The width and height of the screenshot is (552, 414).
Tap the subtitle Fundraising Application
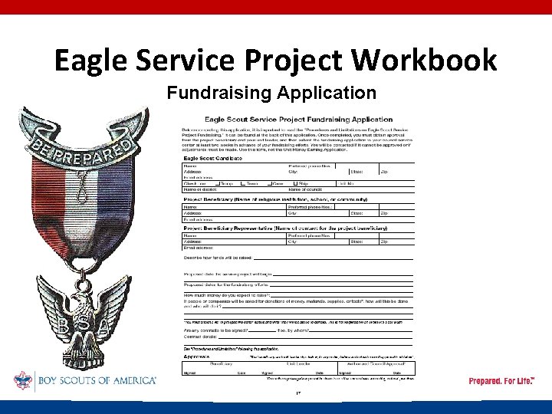pyautogui.click(x=271, y=94)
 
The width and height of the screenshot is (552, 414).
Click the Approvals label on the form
pyautogui.click(x=198, y=356)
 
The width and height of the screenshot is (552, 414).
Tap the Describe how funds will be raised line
pyautogui.click(x=218, y=258)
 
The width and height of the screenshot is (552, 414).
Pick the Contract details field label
pyautogui.click(x=201, y=337)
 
